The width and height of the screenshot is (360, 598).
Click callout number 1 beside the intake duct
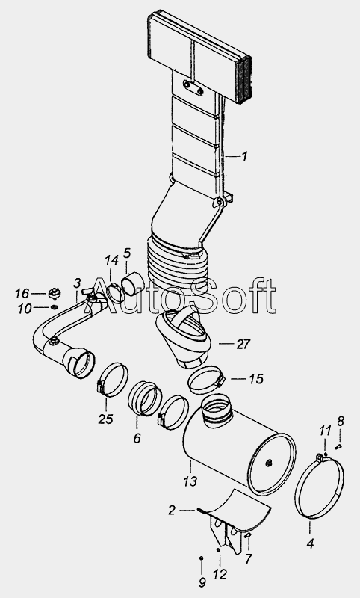[x=244, y=156]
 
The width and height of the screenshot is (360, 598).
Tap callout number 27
[x=243, y=344]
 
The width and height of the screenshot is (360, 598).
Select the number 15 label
[x=256, y=379]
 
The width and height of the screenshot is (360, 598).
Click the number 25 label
[x=105, y=419]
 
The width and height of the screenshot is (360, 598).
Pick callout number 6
[x=137, y=438]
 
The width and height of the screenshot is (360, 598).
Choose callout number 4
[x=310, y=543]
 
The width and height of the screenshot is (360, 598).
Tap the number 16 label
[x=22, y=293]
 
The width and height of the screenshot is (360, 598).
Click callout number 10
[x=25, y=309]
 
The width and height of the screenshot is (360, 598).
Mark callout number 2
[x=172, y=510]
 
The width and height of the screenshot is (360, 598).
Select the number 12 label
[x=220, y=574]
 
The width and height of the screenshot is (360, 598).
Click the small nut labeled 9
[x=201, y=558]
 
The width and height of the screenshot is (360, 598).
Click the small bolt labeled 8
[x=338, y=446]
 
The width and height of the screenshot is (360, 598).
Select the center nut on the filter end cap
[x=269, y=463]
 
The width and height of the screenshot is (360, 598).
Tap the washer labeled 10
[x=54, y=307]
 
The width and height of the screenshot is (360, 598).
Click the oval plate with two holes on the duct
[x=193, y=87]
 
